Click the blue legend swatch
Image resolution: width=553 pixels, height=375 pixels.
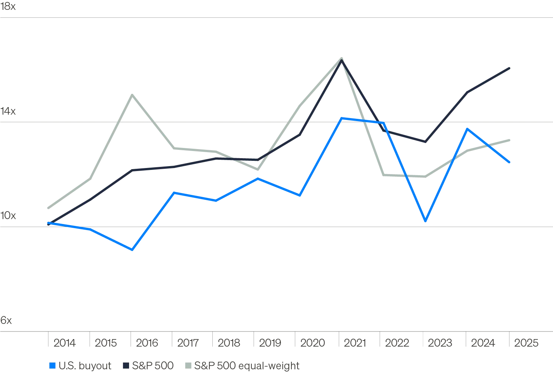tap(53, 365)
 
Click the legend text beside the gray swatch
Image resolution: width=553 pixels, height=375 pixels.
tap(246, 365)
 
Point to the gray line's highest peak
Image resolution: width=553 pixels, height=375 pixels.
tap(342, 57)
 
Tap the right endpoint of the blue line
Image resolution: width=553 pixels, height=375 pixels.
tap(511, 162)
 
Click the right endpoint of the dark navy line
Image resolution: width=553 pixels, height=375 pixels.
tap(511, 69)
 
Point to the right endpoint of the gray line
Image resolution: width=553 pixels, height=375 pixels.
tap(511, 139)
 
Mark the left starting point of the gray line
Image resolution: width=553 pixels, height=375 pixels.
tap(47, 209)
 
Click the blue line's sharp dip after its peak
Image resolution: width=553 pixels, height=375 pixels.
tap(426, 221)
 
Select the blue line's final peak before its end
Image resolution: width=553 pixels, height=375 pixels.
tap(468, 129)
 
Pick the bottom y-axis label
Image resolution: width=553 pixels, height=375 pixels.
tap(6, 320)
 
